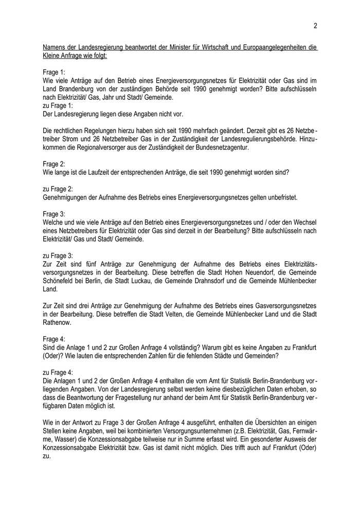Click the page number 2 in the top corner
[315, 26]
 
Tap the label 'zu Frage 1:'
[59, 105]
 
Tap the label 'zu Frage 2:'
[59, 189]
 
